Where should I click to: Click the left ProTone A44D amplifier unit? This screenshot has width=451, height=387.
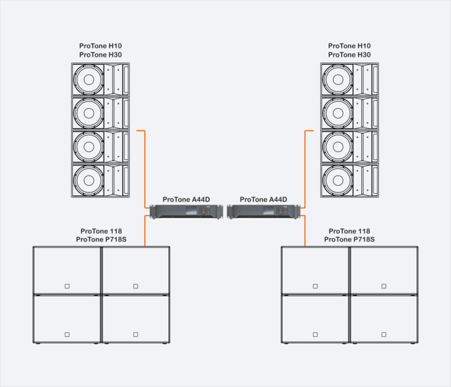(x=186, y=211)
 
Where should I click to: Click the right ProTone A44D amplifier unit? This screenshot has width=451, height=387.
(x=264, y=211)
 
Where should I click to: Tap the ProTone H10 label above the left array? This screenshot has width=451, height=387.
(x=101, y=46)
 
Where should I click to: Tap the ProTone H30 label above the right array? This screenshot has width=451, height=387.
(x=349, y=55)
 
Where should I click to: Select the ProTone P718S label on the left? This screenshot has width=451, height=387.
(x=101, y=239)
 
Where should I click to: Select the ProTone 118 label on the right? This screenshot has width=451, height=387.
(x=349, y=231)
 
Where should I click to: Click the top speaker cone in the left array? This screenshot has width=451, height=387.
(x=88, y=80)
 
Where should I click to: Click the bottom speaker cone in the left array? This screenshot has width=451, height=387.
(x=88, y=180)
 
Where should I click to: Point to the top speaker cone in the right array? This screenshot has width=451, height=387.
(x=338, y=80)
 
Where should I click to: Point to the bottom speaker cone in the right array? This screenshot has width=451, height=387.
(x=338, y=180)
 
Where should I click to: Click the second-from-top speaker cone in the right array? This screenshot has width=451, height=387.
(x=338, y=113)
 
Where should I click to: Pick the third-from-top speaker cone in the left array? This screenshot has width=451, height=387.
(x=88, y=147)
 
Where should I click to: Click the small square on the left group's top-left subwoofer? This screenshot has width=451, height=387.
(x=67, y=286)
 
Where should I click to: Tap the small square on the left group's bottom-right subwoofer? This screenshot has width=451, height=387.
(x=136, y=334)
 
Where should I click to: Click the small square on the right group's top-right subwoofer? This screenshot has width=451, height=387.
(x=383, y=286)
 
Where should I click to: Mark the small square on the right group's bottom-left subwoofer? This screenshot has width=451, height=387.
(x=315, y=334)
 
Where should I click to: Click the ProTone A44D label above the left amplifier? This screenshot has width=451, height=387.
(x=186, y=199)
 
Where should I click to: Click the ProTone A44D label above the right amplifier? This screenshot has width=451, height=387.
(x=263, y=199)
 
